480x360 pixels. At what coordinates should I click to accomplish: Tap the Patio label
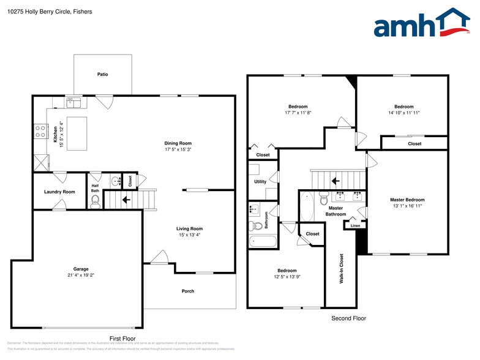pos(102,75)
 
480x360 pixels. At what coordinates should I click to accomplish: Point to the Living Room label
pos(190,228)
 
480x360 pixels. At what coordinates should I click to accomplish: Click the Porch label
pos(188,291)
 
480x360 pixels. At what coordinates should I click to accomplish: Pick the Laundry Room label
pos(59,192)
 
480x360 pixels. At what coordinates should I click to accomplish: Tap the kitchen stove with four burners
pos(41,131)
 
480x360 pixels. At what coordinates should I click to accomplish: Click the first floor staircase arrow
pos(126,199)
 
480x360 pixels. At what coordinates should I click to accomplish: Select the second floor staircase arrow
pos(335,181)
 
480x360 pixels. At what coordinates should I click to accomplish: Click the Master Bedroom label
pos(407,200)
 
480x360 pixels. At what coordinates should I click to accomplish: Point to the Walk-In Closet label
pos(341,268)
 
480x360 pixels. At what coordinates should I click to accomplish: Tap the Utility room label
pos(260,181)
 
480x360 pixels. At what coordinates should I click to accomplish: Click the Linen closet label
pos(356,226)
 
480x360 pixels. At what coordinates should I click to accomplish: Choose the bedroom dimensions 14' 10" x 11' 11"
pos(403,113)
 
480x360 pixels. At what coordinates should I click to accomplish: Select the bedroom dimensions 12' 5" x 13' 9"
pos(287,277)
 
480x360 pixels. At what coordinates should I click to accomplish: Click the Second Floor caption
pos(348,318)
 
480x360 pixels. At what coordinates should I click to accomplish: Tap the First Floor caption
pos(122,338)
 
